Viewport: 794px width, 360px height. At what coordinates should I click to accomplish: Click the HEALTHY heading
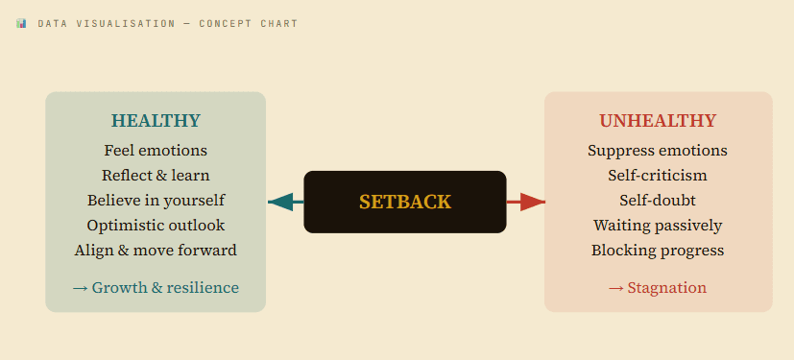click(x=156, y=121)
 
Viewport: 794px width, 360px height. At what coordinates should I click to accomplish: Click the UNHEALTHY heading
click(x=658, y=121)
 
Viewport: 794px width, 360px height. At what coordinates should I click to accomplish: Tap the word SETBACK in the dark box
click(x=404, y=202)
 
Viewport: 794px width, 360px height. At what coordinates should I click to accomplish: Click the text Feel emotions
click(x=156, y=151)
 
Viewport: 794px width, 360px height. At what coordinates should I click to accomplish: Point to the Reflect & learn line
click(x=156, y=176)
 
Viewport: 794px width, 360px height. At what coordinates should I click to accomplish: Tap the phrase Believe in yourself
click(x=156, y=201)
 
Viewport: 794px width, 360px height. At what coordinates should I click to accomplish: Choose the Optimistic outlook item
click(x=156, y=226)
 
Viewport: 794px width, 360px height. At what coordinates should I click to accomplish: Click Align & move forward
click(x=156, y=251)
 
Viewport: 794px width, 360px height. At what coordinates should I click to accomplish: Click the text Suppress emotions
click(x=658, y=151)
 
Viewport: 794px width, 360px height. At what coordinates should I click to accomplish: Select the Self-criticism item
click(x=658, y=176)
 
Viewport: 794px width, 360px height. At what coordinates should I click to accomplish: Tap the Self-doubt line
click(x=658, y=201)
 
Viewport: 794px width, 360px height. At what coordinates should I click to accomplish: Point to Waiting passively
click(x=658, y=226)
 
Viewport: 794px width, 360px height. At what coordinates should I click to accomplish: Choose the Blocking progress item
click(x=658, y=251)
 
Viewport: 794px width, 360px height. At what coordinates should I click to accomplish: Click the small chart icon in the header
click(x=21, y=23)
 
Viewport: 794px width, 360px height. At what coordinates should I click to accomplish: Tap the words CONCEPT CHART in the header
click(x=249, y=23)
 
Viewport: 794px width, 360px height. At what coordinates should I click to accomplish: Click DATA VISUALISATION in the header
click(x=107, y=23)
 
